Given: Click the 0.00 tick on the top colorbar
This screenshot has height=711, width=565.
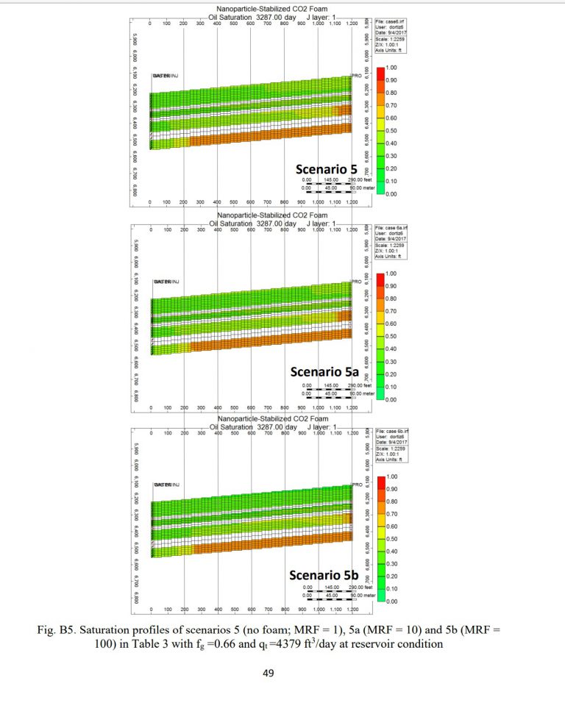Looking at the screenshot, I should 392,194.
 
